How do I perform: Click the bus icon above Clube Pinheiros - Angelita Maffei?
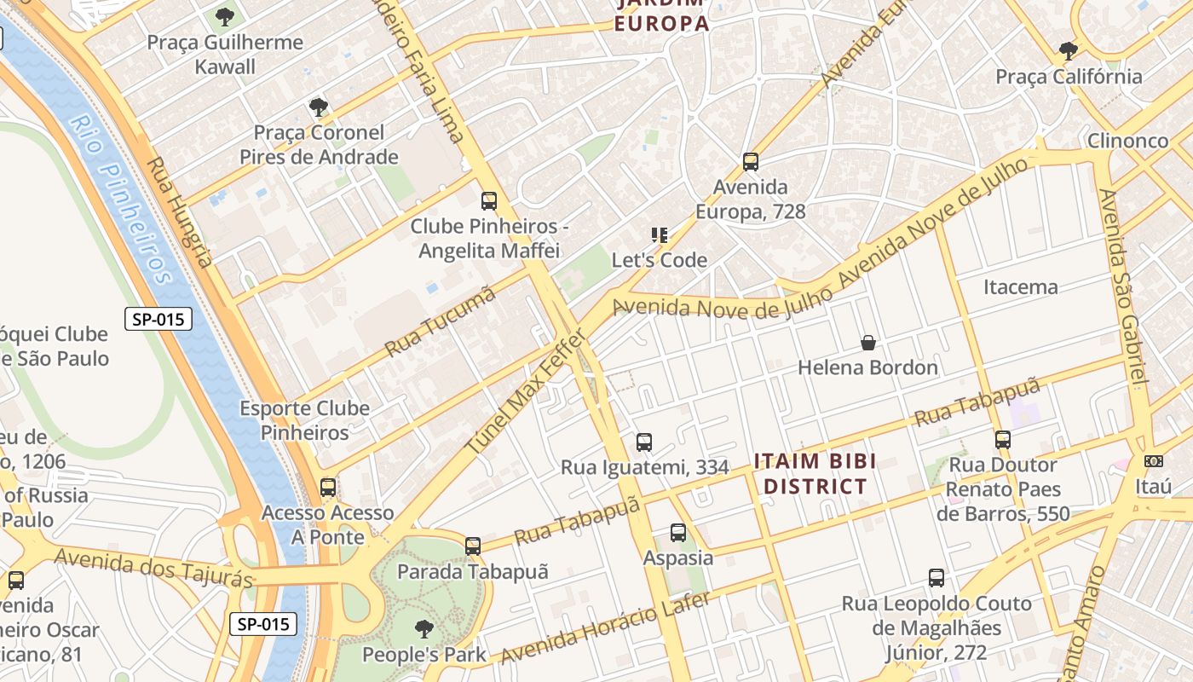click(x=489, y=201)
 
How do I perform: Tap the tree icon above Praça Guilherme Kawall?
click(x=225, y=16)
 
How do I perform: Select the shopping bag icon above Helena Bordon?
click(x=867, y=343)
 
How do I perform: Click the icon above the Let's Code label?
click(x=659, y=234)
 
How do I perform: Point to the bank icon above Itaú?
click(x=1153, y=461)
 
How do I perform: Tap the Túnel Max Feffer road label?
click(x=525, y=393)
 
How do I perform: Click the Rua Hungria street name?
click(x=179, y=211)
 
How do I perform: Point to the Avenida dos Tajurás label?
click(x=153, y=568)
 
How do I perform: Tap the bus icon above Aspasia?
click(x=678, y=533)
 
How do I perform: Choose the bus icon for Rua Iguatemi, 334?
click(x=644, y=442)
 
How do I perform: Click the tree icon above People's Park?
click(x=424, y=630)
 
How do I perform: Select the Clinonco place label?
click(x=1127, y=141)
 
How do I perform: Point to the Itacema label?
click(x=1020, y=286)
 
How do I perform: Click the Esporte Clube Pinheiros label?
click(x=304, y=420)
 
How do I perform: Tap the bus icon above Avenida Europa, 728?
click(x=751, y=162)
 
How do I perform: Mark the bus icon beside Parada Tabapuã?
click(x=473, y=546)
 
